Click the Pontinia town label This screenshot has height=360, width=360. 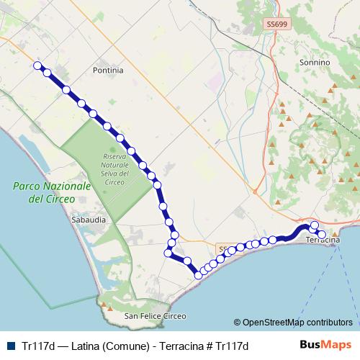click(x=108, y=71)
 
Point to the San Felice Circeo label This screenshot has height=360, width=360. click(x=155, y=316)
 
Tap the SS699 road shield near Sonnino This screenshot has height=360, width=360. click(x=274, y=24)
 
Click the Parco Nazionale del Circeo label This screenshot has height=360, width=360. click(x=52, y=192)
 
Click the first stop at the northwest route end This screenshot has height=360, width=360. click(x=37, y=65)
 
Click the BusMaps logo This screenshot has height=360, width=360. click(x=325, y=345)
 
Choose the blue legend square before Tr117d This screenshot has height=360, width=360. click(x=12, y=346)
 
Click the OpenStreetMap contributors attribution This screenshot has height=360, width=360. click(x=293, y=322)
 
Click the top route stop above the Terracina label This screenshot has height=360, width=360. click(x=315, y=225)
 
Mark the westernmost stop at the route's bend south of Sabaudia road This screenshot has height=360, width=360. click(x=168, y=253)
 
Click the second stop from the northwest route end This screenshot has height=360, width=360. click(x=48, y=73)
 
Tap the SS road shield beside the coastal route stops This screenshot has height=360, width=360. click(x=224, y=248)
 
